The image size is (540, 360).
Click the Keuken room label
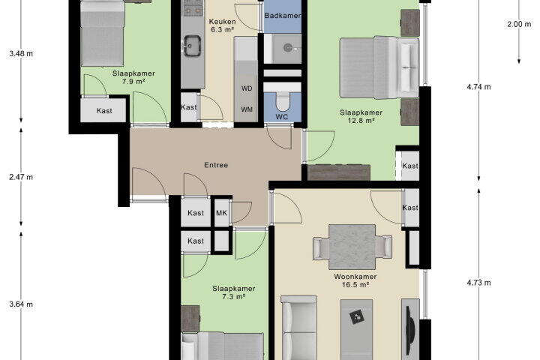pyautogui.click(x=223, y=22)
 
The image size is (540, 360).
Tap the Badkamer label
pyautogui.click(x=283, y=16)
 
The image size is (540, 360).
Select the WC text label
pyautogui.click(x=282, y=117)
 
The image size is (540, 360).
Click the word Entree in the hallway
pyautogui.click(x=216, y=165)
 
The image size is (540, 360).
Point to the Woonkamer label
pyautogui.click(x=355, y=277)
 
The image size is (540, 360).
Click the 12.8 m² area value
pyautogui.click(x=361, y=121)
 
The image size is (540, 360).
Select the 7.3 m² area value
pyautogui.click(x=233, y=296)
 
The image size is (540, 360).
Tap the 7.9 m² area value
pyautogui.click(x=133, y=82)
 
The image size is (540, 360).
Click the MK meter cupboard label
pyautogui.click(x=221, y=213)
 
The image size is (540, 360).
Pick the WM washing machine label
pyautogui.click(x=247, y=109)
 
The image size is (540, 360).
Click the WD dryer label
pyautogui.click(x=247, y=88)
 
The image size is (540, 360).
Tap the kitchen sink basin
pyautogui.click(x=192, y=46)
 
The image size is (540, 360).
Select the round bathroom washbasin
pyautogui.click(x=288, y=48)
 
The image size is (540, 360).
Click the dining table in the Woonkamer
pyautogui.click(x=352, y=247)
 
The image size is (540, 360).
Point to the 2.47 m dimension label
pyautogui.click(x=21, y=177)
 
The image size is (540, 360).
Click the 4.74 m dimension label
pyautogui.click(x=478, y=87)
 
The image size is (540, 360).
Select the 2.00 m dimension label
pyautogui.click(x=519, y=24)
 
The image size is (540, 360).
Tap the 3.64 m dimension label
pyautogui.click(x=21, y=304)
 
